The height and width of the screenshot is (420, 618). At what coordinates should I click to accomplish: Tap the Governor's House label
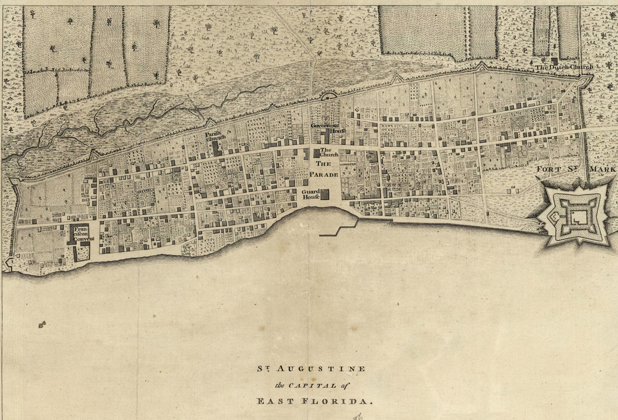coord(323,128)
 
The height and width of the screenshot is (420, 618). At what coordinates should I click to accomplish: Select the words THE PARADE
coord(323,169)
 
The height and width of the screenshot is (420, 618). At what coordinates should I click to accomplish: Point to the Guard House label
coord(312,194)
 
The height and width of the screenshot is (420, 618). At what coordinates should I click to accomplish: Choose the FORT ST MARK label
coord(576,169)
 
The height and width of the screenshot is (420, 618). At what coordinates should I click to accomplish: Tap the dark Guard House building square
coord(325,194)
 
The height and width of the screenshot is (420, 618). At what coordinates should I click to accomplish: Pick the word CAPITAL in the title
coord(313,384)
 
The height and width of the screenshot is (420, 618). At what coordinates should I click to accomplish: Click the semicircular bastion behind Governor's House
coord(329,95)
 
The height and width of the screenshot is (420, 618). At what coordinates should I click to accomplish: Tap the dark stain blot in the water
coord(41,324)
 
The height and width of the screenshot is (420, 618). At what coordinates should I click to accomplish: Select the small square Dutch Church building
coord(554,60)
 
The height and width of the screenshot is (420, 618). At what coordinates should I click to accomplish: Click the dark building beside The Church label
coord(316,153)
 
